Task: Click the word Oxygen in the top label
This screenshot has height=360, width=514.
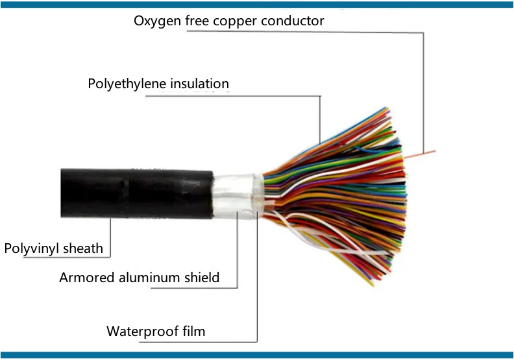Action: pyautogui.click(x=157, y=21)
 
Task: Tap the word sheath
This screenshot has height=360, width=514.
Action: pyautogui.click(x=83, y=248)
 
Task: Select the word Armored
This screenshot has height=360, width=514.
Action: pyautogui.click(x=87, y=278)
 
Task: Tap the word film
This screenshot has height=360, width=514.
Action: pyautogui.click(x=194, y=331)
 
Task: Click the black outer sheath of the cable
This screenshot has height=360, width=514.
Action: pyautogui.click(x=137, y=193)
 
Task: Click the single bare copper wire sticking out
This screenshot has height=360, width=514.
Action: pyautogui.click(x=420, y=154)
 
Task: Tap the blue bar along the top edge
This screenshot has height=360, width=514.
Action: pyautogui.click(x=257, y=5)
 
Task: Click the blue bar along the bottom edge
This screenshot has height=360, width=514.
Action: pyautogui.click(x=257, y=355)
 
